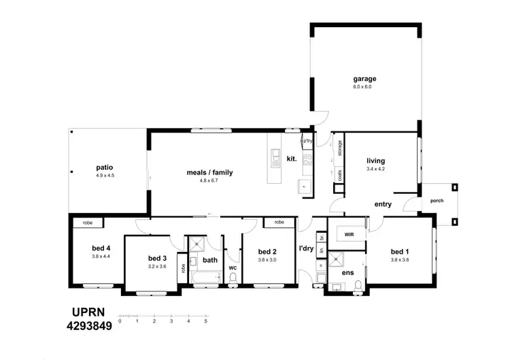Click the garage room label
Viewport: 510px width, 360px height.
point(364,78)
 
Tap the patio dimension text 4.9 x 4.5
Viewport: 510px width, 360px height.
point(105,176)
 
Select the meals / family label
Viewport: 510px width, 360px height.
point(209,172)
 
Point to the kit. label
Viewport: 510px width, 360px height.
point(292,158)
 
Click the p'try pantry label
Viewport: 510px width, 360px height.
point(307,142)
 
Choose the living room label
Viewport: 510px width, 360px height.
point(375,161)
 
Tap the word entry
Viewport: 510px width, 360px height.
point(384,203)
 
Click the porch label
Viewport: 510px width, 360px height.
point(436,200)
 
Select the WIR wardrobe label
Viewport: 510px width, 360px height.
point(349,234)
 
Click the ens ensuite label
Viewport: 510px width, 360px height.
point(347,272)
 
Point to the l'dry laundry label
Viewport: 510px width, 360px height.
point(307,249)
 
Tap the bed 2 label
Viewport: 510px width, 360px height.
point(267,251)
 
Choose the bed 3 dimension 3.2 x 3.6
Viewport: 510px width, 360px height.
point(157,266)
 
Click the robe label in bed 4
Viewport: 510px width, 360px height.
point(88,223)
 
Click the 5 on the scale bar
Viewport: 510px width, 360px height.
point(205,321)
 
